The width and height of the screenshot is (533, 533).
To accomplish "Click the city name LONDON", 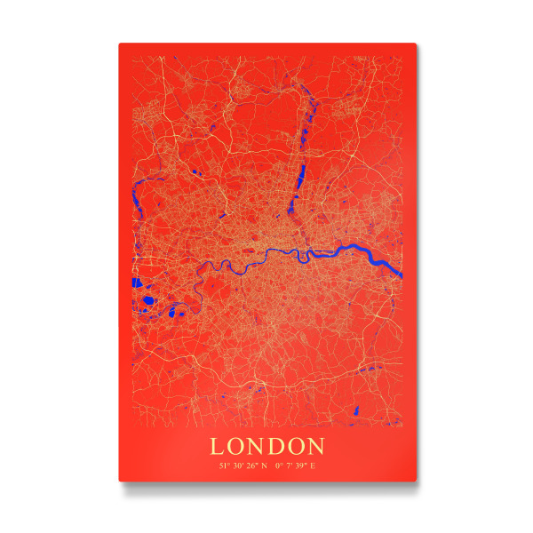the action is (267, 445).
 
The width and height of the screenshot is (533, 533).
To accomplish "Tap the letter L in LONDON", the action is (218, 445).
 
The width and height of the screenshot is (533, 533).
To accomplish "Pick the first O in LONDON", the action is (236, 445).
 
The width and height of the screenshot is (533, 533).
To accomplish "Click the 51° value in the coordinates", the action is (224, 465).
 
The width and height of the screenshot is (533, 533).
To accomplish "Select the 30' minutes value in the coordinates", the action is (238, 465).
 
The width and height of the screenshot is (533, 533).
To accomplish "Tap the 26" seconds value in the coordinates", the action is (252, 465).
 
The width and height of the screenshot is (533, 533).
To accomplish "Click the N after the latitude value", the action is (264, 465).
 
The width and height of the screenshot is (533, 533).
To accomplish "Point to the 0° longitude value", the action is (279, 465).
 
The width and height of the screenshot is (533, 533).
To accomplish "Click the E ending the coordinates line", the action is (312, 465).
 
